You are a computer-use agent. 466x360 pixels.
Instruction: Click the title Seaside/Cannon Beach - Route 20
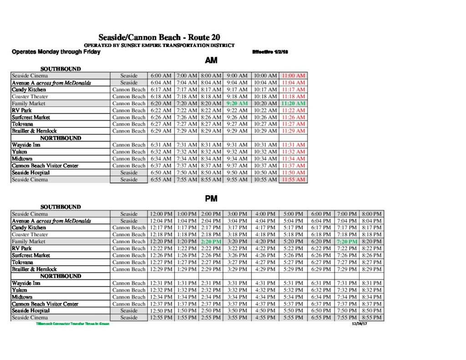[x=159, y=37]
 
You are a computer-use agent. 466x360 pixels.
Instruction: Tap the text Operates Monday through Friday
[x=56, y=52]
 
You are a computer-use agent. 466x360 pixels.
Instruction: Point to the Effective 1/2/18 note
[x=270, y=52]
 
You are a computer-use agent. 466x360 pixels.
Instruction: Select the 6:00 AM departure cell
[x=161, y=76]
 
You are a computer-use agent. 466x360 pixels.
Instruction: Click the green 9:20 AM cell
[x=237, y=103]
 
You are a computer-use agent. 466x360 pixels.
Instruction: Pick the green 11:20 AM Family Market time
[x=294, y=103]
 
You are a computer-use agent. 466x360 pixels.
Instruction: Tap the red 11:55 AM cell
[x=294, y=180]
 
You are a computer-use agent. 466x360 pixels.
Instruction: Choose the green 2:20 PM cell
[x=211, y=242]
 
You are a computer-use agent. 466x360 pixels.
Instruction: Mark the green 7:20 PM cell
[x=347, y=242]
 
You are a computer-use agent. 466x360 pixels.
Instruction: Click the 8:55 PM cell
[x=372, y=318]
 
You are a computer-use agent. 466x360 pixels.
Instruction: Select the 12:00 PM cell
[x=161, y=214]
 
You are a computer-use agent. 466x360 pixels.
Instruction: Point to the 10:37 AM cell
[x=265, y=166]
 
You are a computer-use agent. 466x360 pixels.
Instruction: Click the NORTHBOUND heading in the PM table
[x=61, y=276]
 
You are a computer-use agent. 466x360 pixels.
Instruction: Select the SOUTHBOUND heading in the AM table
[x=61, y=69]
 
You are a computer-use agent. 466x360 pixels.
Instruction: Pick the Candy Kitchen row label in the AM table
[x=29, y=90]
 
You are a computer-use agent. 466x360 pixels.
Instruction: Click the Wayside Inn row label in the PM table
[x=26, y=283]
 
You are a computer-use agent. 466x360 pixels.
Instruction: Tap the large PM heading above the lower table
[x=211, y=199]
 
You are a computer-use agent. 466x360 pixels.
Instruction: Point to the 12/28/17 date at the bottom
[x=359, y=324]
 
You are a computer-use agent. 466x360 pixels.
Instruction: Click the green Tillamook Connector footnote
[x=73, y=324]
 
